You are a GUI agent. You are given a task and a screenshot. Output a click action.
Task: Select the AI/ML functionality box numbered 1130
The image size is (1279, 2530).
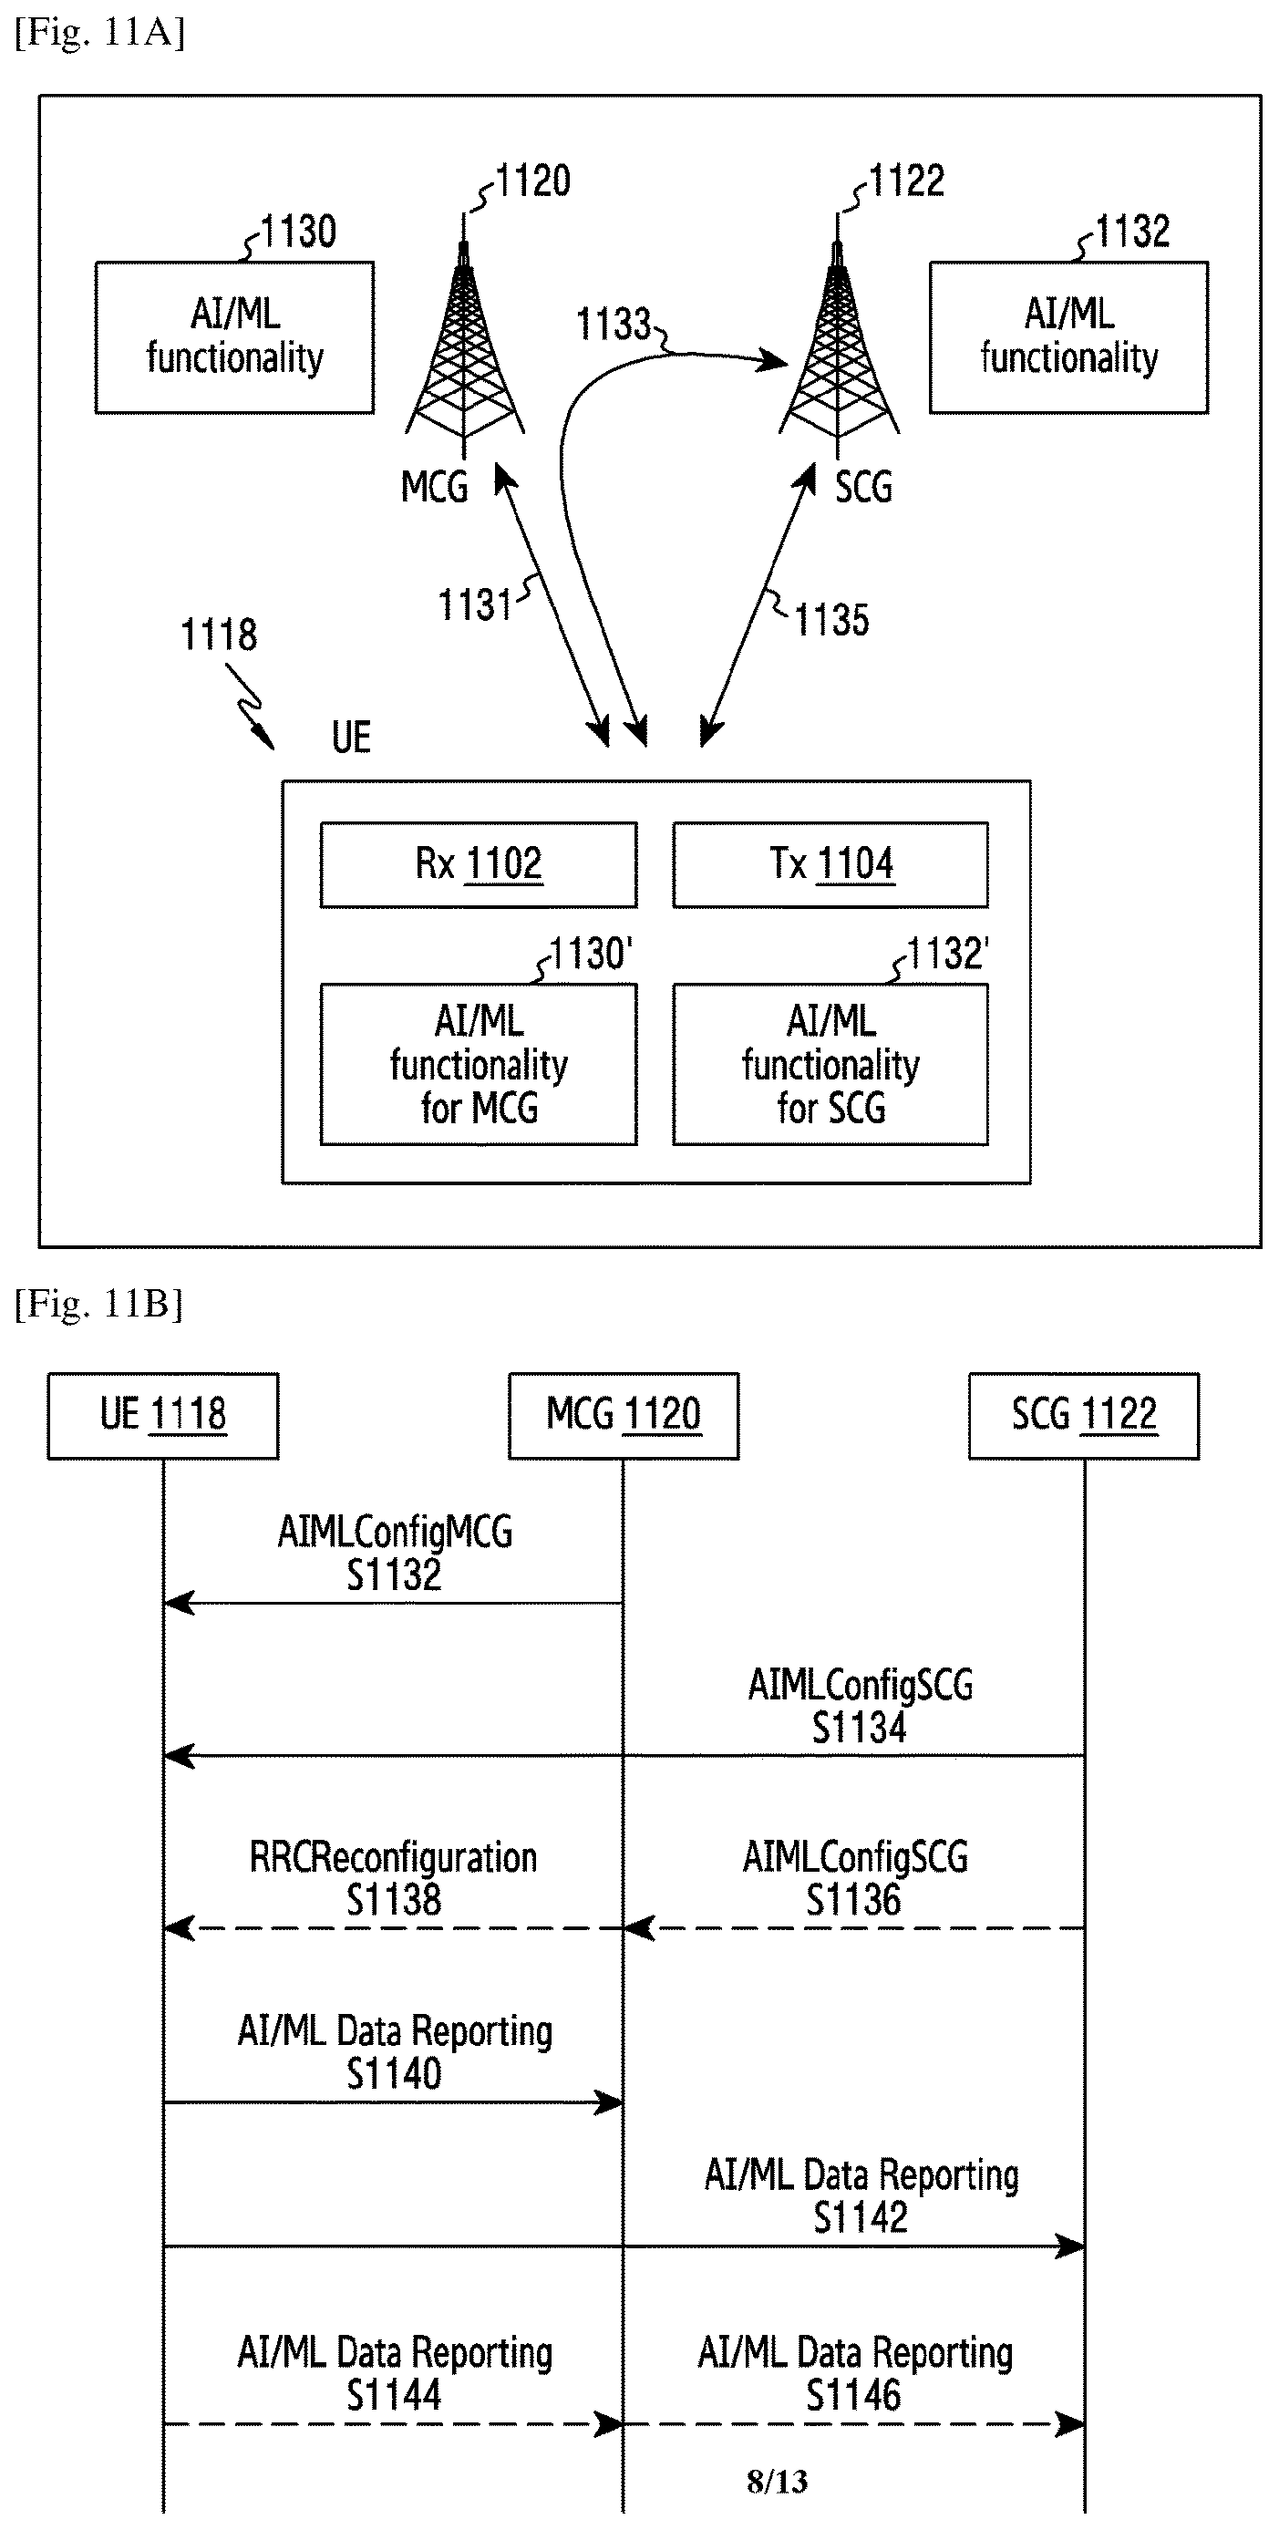(x=235, y=336)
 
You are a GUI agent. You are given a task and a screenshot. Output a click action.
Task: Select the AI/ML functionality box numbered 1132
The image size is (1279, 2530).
(x=1068, y=336)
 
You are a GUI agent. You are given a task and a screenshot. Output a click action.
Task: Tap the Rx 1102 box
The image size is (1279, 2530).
(x=479, y=864)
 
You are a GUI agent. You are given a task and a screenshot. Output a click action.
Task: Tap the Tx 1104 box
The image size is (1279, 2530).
(x=830, y=864)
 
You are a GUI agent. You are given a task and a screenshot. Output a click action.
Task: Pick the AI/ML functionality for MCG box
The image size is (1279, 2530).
(x=479, y=1065)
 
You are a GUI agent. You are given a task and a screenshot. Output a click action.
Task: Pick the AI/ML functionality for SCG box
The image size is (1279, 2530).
(x=830, y=1065)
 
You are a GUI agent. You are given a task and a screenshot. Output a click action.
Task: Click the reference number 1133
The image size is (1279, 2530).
(x=613, y=324)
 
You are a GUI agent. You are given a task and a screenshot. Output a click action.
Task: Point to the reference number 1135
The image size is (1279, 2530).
(x=831, y=620)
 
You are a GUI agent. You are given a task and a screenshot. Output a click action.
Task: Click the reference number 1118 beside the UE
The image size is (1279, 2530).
(x=219, y=635)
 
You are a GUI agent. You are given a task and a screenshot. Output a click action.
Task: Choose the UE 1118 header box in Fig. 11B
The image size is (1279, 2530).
(x=163, y=1415)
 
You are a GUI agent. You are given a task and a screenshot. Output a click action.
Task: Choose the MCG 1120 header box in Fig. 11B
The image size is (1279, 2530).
(x=624, y=1415)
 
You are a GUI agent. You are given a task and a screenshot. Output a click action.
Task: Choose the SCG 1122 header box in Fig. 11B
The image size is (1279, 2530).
(x=1085, y=1415)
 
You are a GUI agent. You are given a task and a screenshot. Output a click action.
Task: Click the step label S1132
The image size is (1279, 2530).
(x=394, y=1575)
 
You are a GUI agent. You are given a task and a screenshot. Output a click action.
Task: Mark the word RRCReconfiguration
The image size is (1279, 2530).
(x=393, y=1857)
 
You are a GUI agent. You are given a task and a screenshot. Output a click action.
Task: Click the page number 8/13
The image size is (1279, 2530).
(x=777, y=2482)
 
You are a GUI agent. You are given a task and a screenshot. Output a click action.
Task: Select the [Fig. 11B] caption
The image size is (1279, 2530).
(x=98, y=1305)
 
